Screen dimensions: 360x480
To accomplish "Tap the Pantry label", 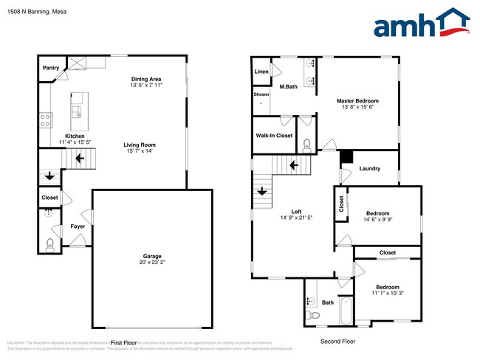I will pyautogui.click(x=51, y=67).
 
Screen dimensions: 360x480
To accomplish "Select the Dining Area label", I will pyautogui.click(x=146, y=79).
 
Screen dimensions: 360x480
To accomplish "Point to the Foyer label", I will pyautogui.click(x=78, y=226).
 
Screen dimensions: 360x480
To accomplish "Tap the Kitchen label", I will pyautogui.click(x=75, y=136).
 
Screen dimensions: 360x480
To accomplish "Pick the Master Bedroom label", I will pyautogui.click(x=357, y=100).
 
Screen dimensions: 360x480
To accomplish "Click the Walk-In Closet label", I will pyautogui.click(x=274, y=136).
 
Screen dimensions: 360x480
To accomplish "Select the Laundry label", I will pyautogui.click(x=369, y=169).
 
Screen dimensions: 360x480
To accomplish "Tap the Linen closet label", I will pyautogui.click(x=261, y=72).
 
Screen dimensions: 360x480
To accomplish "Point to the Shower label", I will pyautogui.click(x=261, y=94).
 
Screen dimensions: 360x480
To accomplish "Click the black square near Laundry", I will pyautogui.click(x=345, y=156).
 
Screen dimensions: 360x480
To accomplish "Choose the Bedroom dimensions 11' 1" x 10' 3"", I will pyautogui.click(x=387, y=294).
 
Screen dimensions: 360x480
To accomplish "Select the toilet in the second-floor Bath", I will pyautogui.click(x=315, y=316).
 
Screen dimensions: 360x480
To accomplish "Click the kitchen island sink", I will pyautogui.click(x=75, y=111).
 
